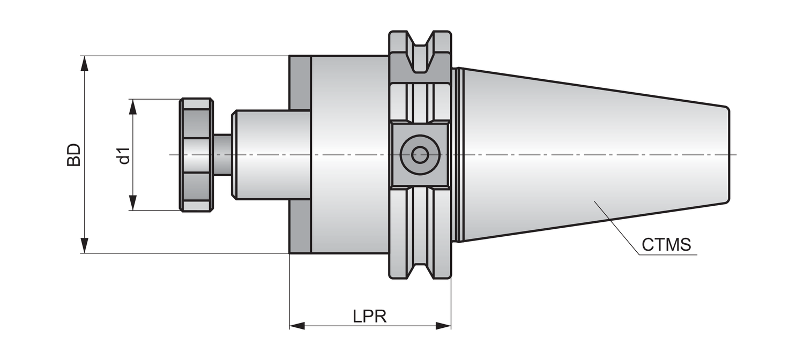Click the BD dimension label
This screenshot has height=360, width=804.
pos(73,155)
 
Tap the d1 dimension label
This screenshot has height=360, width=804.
pos(124,155)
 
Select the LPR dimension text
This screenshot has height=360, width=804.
pos(370,317)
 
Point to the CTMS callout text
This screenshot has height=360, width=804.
pos(666,245)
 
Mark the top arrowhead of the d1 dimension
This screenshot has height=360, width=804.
pos(133,107)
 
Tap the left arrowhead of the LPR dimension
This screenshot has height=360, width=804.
pos(297,326)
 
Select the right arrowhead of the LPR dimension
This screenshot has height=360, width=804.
pos(443,326)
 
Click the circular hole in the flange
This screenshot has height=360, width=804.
pos(420,155)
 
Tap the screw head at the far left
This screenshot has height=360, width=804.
pos(196,155)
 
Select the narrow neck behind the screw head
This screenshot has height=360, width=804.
pos(222,155)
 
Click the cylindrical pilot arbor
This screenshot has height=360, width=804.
pos(271,155)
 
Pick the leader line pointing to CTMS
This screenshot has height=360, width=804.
pos(616,225)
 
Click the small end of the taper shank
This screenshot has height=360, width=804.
pos(726,155)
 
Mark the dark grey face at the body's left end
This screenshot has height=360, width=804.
pos(300,155)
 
